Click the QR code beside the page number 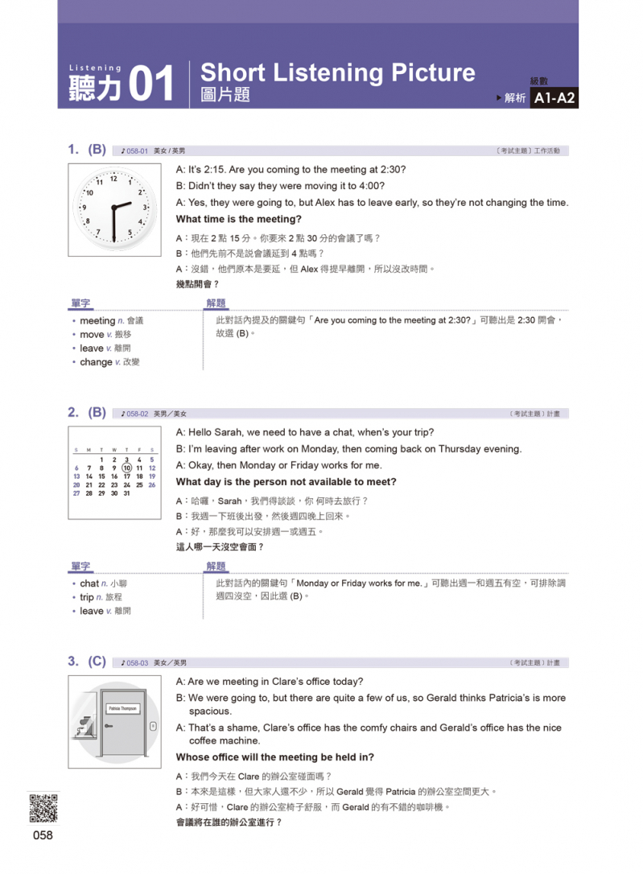(x=43, y=808)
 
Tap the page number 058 (x=43, y=835)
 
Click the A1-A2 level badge (x=554, y=98)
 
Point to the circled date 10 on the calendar (x=126, y=468)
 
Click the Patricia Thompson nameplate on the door (x=122, y=708)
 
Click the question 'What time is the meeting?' (x=238, y=219)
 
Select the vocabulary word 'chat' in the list (x=89, y=583)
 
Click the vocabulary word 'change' (x=96, y=362)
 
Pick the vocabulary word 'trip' (x=87, y=597)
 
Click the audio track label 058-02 (x=134, y=414)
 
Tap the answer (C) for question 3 (x=97, y=662)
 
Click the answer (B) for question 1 (x=97, y=149)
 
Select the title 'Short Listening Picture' (x=337, y=72)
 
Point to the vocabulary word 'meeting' (x=97, y=320)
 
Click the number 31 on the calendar (x=126, y=493)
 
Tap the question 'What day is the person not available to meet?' (x=286, y=482)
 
